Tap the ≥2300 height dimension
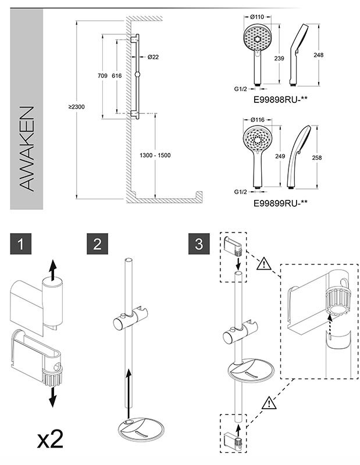(76, 107)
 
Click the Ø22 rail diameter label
(153, 56)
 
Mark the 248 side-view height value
(318, 55)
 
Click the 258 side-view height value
(318, 158)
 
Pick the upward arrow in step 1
(52, 270)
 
